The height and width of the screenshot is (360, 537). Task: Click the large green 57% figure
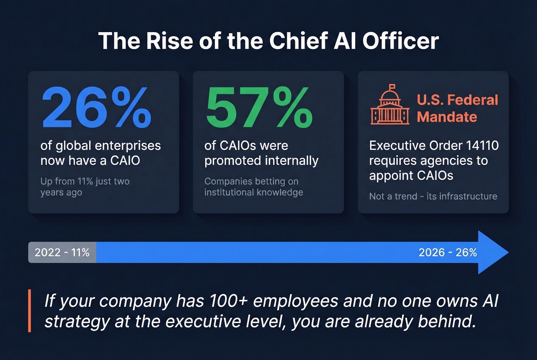pos(259,108)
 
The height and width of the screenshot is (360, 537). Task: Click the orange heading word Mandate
pos(447,117)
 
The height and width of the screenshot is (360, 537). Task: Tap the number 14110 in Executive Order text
pos(482,146)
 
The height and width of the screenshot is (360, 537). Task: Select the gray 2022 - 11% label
pos(62,252)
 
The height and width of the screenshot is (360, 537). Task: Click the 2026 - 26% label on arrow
pos(448,252)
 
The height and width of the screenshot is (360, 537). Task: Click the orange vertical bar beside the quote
pos(30,311)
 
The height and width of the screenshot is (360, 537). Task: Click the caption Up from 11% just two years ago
pos(85,187)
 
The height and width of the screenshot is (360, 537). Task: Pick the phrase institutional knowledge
pos(254,192)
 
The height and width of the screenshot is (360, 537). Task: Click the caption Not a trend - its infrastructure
pos(433,196)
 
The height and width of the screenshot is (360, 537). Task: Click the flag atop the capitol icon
pos(392,87)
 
